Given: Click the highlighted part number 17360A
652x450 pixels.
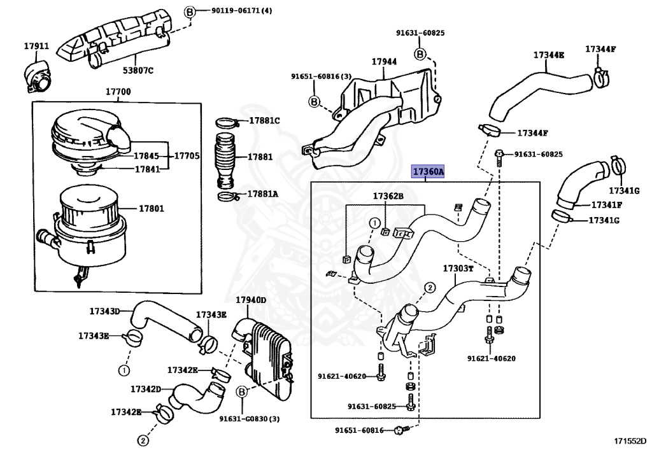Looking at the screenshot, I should click(x=428, y=172).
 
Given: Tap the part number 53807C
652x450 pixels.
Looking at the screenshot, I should click(x=138, y=70).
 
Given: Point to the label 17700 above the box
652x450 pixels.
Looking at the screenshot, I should click(x=118, y=92).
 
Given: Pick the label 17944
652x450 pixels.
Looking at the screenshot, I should click(x=384, y=62).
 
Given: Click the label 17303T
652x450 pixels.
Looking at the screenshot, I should click(x=458, y=269).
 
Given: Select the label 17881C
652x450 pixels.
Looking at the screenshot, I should click(x=264, y=120).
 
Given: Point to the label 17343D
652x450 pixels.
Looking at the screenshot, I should click(x=104, y=311).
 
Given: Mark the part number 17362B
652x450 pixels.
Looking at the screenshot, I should click(x=388, y=197).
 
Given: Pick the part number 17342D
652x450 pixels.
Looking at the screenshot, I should click(x=146, y=388).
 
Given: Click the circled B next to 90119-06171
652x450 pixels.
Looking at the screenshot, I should click(x=189, y=11).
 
